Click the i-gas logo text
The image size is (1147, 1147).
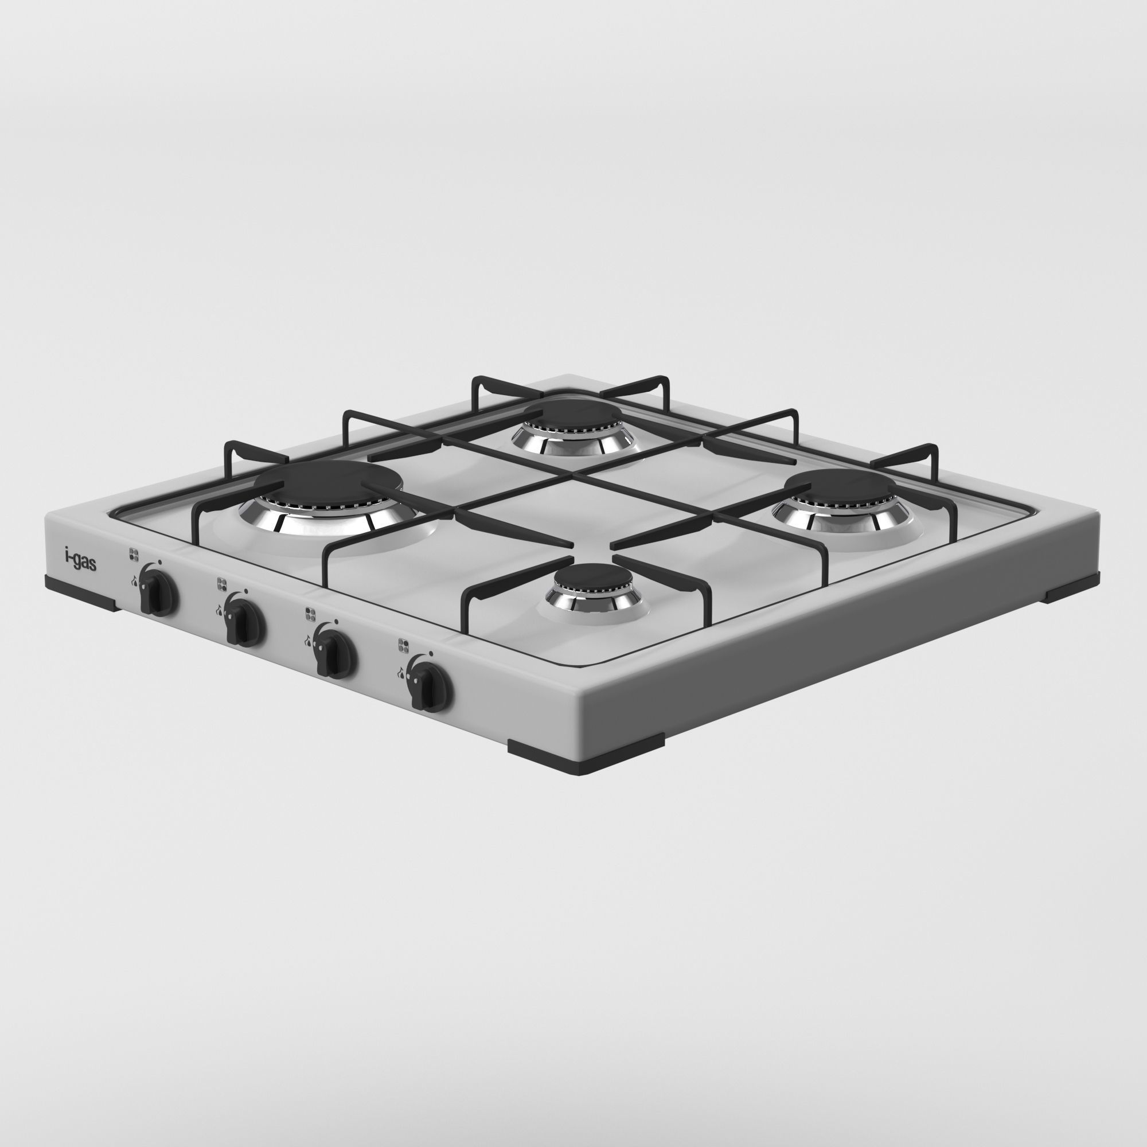click(80, 559)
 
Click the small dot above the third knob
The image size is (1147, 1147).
click(337, 621)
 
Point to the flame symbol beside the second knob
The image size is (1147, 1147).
click(219, 608)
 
